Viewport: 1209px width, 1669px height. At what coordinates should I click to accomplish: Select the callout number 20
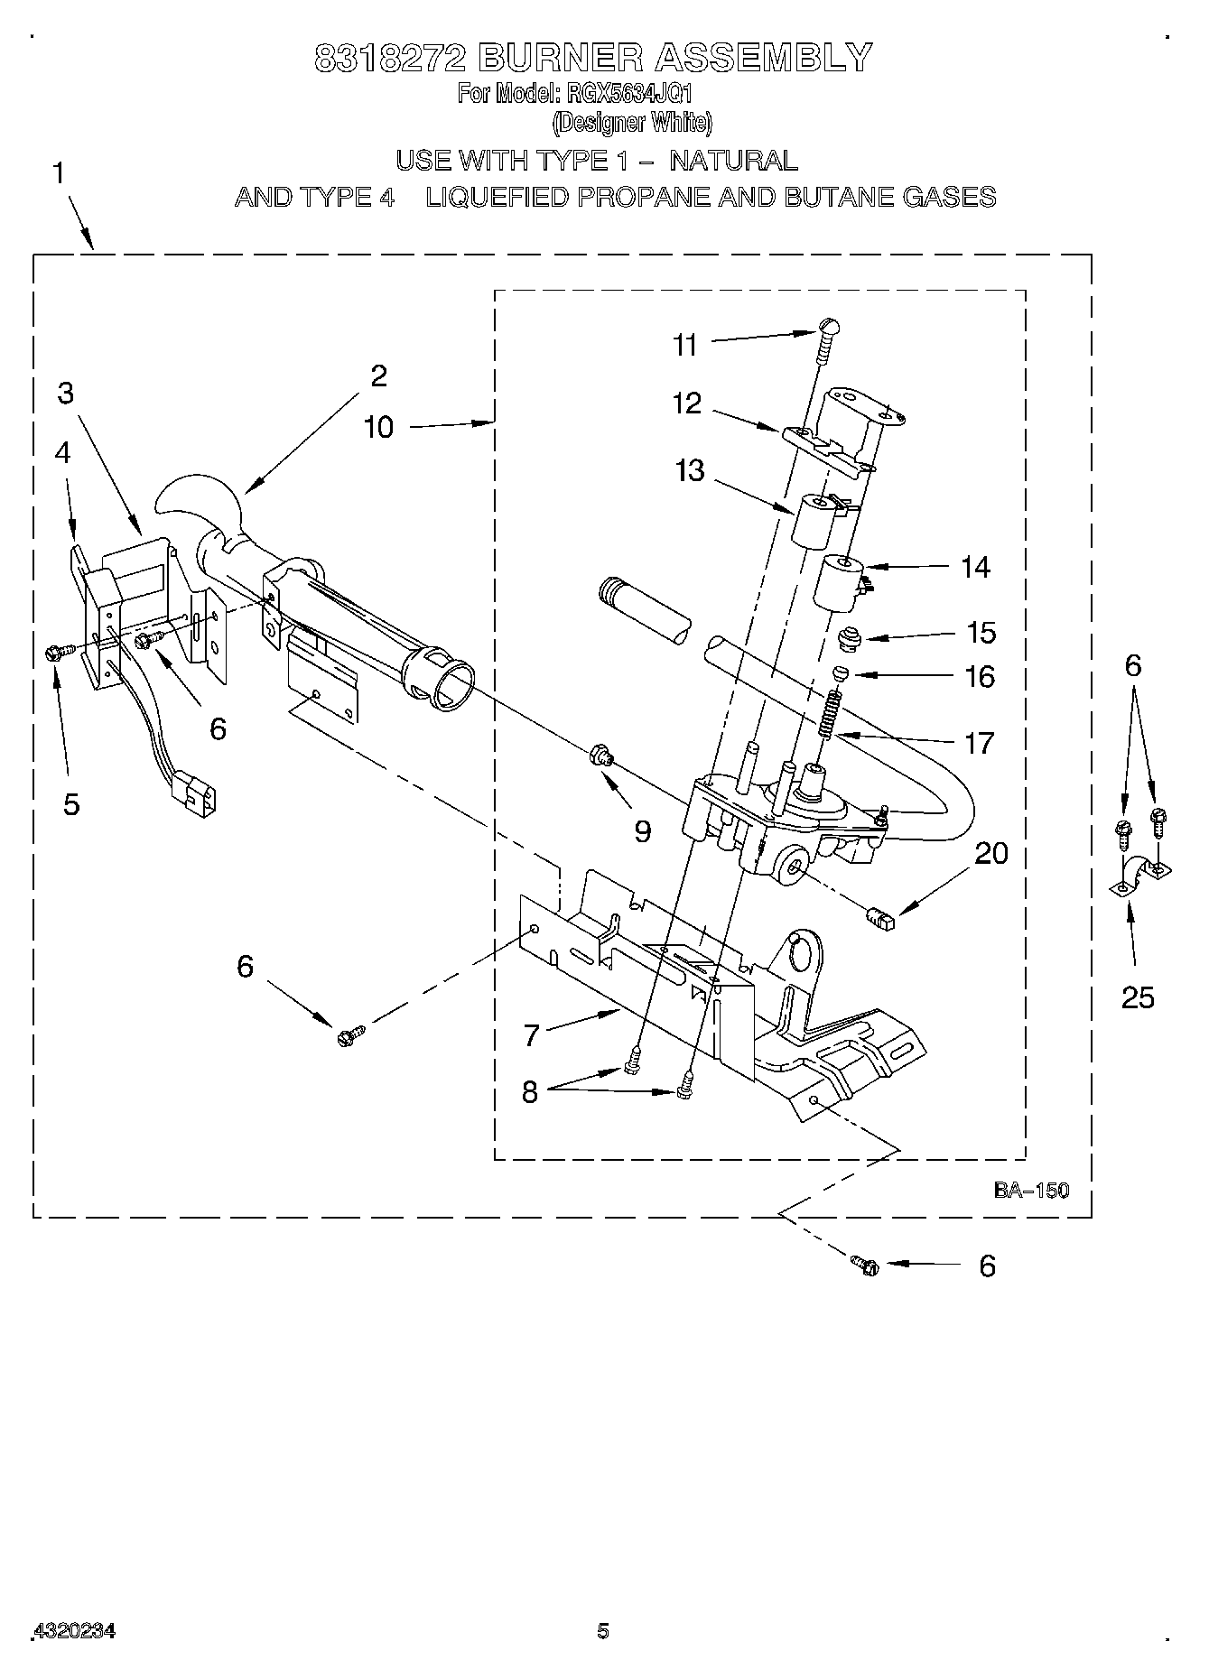point(991,852)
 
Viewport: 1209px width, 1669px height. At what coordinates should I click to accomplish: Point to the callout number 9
point(642,830)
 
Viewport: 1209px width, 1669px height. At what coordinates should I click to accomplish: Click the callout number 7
point(531,1034)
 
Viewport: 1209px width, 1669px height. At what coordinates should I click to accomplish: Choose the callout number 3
point(65,393)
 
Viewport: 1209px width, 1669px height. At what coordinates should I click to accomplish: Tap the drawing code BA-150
point(1031,1190)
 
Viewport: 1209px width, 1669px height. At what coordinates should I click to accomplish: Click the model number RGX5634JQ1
point(628,94)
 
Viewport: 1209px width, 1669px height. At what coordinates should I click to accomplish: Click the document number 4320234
point(74,1631)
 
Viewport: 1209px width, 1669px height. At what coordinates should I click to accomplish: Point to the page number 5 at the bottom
point(603,1630)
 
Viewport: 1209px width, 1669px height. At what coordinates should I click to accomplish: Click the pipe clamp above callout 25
point(1139,875)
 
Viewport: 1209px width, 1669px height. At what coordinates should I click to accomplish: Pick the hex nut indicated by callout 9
point(599,755)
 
